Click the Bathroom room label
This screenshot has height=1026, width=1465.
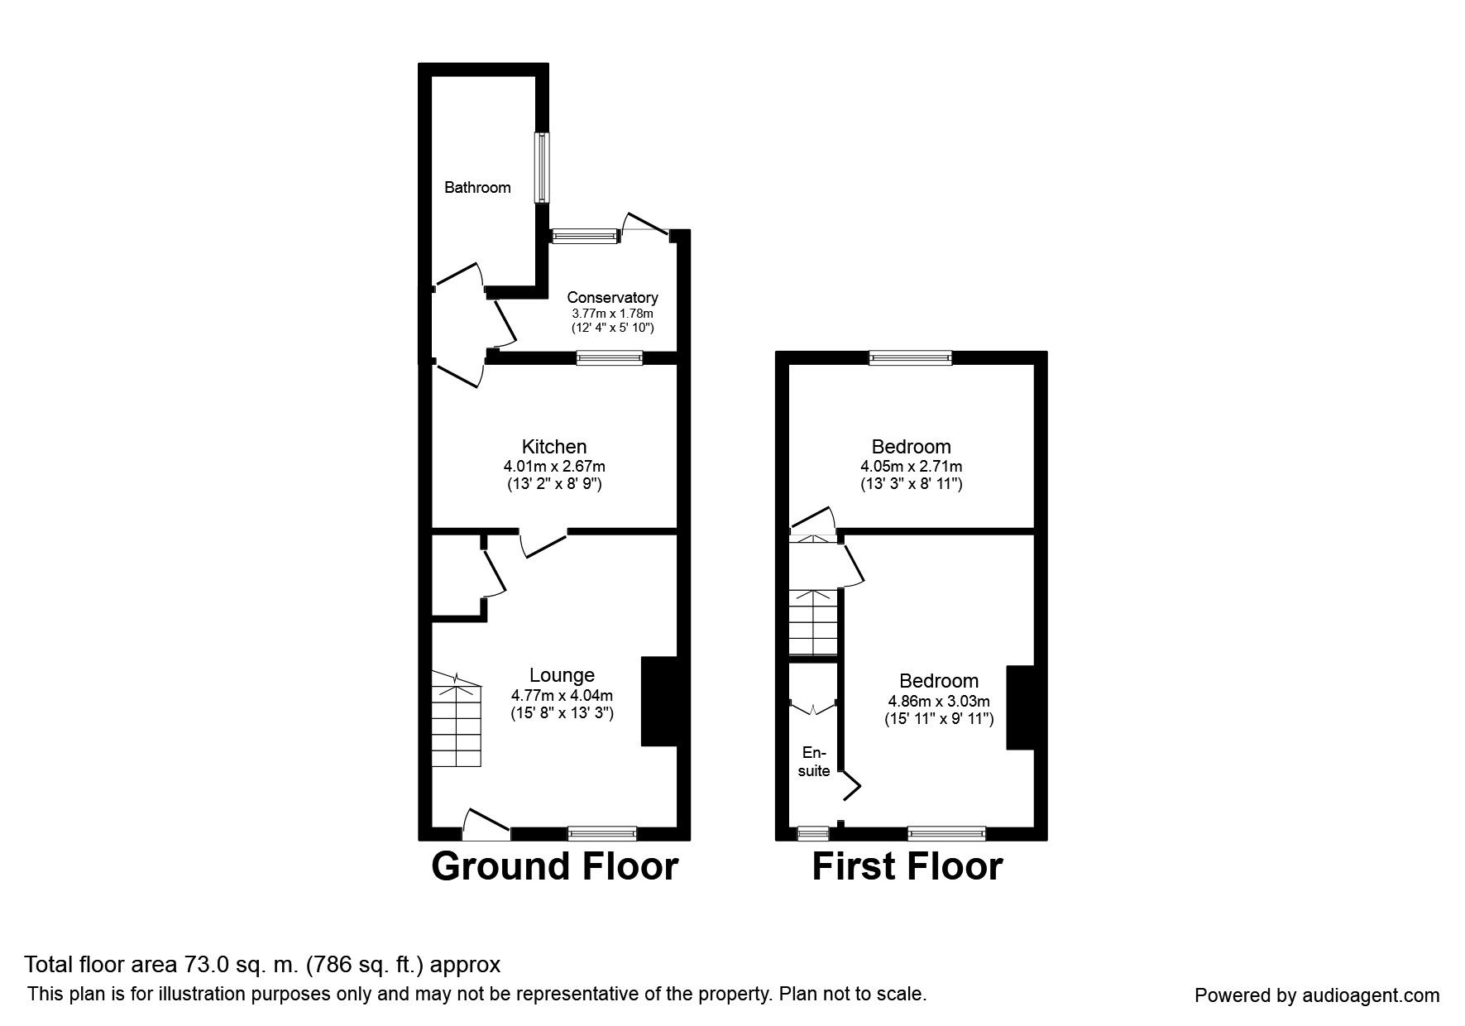click(x=477, y=188)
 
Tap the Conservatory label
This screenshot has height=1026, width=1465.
click(x=612, y=298)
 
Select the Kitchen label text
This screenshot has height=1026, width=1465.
click(x=554, y=447)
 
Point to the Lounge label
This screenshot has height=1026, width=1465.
click(x=562, y=676)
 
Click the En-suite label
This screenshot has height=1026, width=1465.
click(x=815, y=762)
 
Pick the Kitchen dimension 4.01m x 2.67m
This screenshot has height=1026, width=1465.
click(x=554, y=467)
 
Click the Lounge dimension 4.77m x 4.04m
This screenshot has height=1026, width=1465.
click(x=562, y=696)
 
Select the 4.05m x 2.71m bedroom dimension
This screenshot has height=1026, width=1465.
click(x=912, y=467)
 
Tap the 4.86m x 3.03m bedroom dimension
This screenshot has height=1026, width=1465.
click(x=939, y=701)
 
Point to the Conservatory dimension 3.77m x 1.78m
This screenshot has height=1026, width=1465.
click(x=612, y=314)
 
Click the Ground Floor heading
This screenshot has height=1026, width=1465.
click(x=555, y=866)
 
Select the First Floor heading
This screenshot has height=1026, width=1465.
click(x=907, y=866)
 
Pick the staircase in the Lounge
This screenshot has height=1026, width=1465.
click(x=456, y=720)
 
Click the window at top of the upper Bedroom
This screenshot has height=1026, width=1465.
click(x=911, y=357)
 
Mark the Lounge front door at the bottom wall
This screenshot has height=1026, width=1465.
click(x=486, y=826)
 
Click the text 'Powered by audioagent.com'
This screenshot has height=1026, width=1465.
click(x=1317, y=995)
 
